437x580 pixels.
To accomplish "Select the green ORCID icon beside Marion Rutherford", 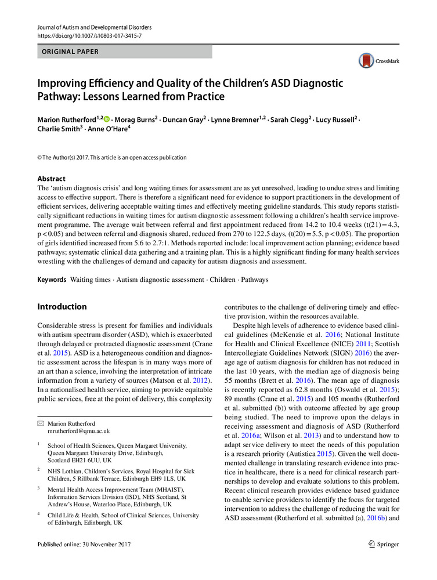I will pos(106,119).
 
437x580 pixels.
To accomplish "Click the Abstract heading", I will pos(52,179).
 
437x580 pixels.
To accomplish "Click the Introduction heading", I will pos(62,307).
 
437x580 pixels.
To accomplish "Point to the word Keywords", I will pos(52,280).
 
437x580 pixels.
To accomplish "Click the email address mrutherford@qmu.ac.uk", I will pos(79,432).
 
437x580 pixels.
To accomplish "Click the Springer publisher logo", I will pos(384,544).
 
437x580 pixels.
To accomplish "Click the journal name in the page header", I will pos(94,27).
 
